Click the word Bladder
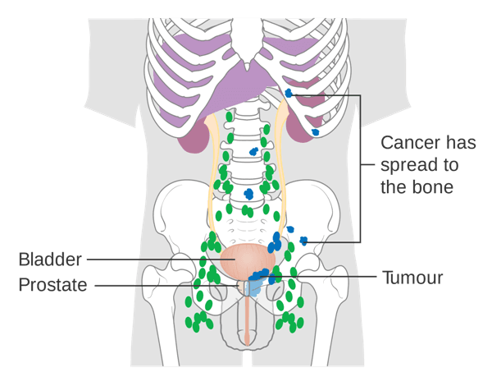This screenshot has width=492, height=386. (50, 260)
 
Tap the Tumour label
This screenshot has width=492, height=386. (412, 278)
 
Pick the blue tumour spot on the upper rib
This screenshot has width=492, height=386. (288, 94)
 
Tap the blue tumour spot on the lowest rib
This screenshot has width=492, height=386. (315, 132)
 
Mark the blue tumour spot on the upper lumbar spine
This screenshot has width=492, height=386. (254, 152)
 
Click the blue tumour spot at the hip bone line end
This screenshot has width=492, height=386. (303, 241)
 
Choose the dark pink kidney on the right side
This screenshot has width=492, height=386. (303, 131)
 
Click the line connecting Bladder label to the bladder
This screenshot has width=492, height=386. (156, 260)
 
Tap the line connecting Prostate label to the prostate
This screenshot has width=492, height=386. (164, 285)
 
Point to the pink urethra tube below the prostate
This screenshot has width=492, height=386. (247, 324)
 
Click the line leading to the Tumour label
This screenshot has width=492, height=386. (328, 278)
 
